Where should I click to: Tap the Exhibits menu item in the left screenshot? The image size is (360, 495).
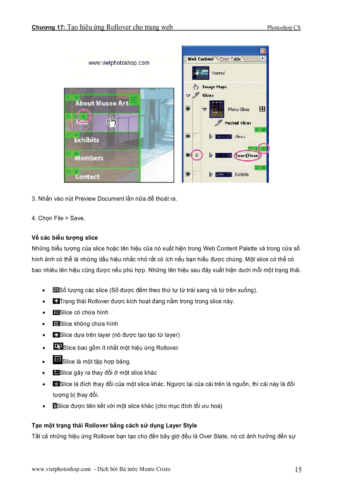pos(86,140)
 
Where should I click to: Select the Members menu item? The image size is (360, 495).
pos(89,158)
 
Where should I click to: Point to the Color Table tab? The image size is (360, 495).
pos(230,59)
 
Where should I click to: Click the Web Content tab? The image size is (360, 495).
pos(200,59)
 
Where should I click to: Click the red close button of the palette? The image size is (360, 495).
pos(263,51)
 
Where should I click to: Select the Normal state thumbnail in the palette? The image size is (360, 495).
pos(200,73)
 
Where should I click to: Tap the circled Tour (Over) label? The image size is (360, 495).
pos(248,155)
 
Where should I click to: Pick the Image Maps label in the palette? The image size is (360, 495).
pos(214,87)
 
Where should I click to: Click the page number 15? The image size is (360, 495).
pos(298,470)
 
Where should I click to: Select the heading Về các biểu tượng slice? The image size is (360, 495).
pos(65,238)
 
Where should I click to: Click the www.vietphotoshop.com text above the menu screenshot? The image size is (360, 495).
pos(119,63)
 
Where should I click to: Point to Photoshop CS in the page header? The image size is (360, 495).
pos(284,28)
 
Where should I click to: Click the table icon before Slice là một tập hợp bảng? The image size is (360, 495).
pos(57,360)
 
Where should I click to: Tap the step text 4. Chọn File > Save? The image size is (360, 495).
pos(58,218)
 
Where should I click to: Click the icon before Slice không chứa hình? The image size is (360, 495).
pos(56,324)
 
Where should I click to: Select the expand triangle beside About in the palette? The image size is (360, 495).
pos(211,137)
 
